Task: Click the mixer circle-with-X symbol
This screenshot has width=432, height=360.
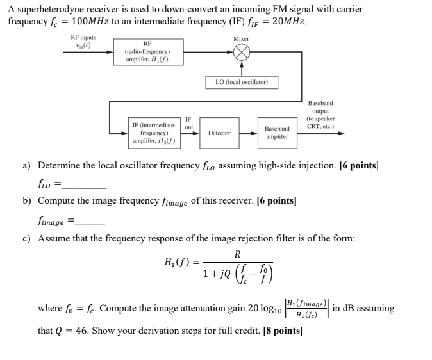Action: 241,54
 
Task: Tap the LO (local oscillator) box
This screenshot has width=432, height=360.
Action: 242,82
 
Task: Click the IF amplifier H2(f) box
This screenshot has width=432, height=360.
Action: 154,132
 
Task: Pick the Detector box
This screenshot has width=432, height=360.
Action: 219,133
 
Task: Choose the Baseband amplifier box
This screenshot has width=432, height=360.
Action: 277,133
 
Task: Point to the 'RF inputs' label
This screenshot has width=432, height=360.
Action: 83,37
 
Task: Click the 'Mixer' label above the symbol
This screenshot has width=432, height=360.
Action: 241,39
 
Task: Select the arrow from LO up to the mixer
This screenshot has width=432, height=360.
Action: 241,69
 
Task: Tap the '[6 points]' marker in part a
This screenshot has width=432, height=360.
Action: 360,165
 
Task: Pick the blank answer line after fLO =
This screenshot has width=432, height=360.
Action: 84,186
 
